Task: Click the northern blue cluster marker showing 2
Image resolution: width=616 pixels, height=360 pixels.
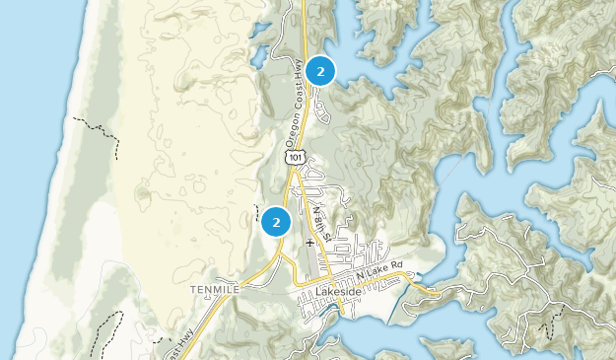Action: pos(320,71)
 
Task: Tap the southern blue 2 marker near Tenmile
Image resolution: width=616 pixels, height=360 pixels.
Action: pos(276,221)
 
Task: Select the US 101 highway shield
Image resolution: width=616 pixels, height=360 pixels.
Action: pos(295,156)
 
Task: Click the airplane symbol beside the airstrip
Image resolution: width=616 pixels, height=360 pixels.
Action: pos(309,241)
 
